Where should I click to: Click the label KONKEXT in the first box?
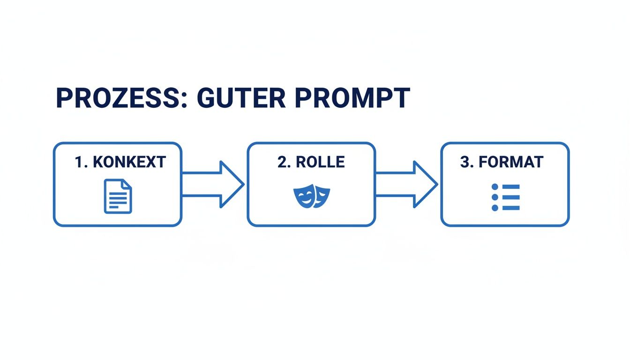coord(129,162)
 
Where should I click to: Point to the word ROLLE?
coord(321,162)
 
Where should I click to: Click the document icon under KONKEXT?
coord(118,196)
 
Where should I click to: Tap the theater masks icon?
coord(311,196)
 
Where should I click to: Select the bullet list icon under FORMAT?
coord(505,197)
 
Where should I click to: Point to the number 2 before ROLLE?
coord(282,162)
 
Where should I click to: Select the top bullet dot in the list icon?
coord(495,187)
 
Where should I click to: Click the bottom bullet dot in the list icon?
coord(495,208)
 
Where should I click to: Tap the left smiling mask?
coord(303,195)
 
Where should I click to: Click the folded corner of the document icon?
coord(127,185)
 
